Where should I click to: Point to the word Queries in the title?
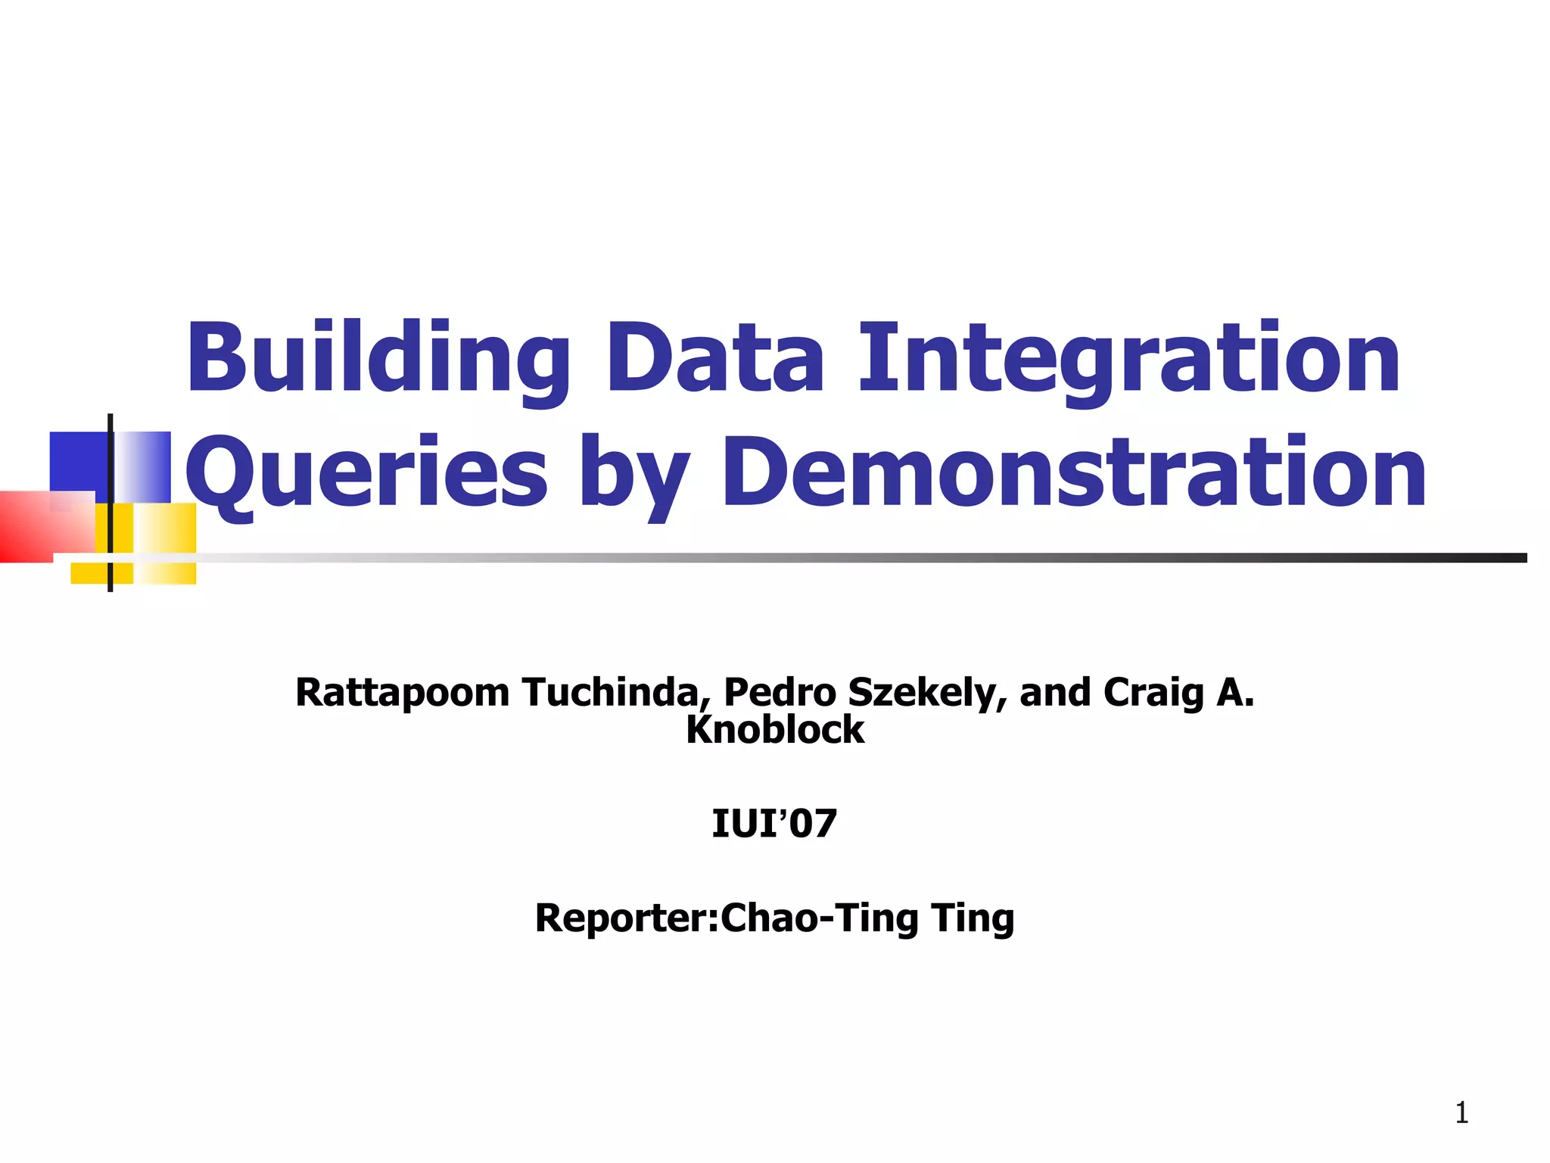coord(366,473)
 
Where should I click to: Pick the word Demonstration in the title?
coord(1074,473)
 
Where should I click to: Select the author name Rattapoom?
coord(403,693)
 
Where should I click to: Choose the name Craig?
coord(1153,693)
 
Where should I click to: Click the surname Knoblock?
coord(775,730)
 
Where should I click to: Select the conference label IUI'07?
coord(774,824)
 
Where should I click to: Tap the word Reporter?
coord(624,918)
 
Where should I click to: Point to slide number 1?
coord(1461,1113)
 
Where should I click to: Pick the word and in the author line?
coord(1055,693)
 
